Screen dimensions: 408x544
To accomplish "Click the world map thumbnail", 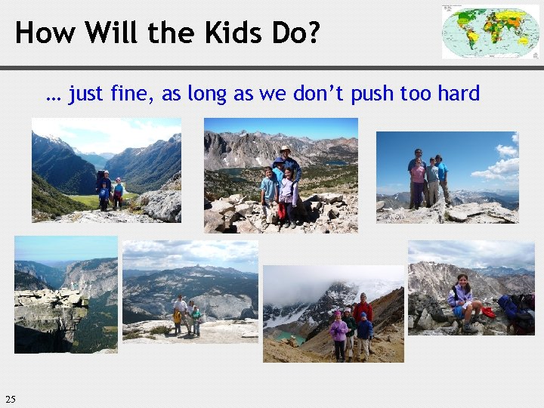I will point(490,32).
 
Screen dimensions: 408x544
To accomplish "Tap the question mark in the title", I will point(312,32).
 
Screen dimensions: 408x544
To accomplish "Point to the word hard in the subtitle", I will point(456,94).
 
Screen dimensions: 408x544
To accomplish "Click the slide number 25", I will point(10,399).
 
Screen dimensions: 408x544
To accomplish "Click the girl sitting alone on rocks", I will point(462,301).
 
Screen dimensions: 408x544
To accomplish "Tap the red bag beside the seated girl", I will point(488,311).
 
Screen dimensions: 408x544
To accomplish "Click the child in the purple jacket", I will point(338,332).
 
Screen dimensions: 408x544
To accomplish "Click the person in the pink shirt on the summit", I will point(418,181).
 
